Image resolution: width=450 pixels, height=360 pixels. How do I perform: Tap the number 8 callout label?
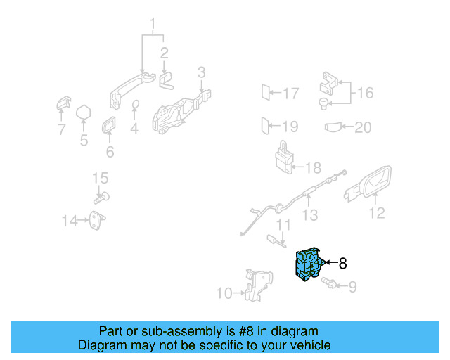click(x=343, y=264)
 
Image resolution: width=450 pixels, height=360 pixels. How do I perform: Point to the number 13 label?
click(x=310, y=216)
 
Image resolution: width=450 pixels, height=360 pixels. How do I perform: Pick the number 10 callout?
click(x=224, y=293)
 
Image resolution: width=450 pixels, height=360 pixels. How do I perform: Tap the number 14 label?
click(x=69, y=221)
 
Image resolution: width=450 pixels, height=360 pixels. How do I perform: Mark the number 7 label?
click(x=61, y=129)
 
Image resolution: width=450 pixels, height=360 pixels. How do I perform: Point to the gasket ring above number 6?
click(x=110, y=127)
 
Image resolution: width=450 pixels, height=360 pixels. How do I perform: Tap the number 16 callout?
click(x=365, y=93)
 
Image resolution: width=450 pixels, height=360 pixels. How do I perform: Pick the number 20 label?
click(x=363, y=127)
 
